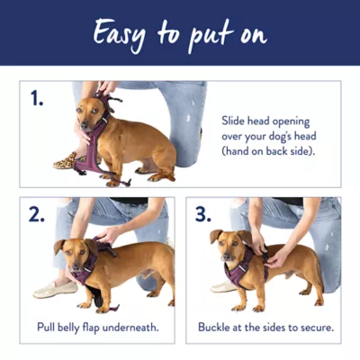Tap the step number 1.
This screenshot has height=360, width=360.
point(37,98)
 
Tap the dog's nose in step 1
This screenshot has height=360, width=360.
point(84,126)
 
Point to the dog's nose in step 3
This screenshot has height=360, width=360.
point(227,257)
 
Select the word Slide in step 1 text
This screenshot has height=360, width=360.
point(232,121)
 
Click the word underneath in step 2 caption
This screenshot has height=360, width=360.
point(130,328)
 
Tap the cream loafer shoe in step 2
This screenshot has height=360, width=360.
point(56,290)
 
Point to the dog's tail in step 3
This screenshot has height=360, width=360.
point(318,264)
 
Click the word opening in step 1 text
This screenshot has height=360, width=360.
point(291,122)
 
